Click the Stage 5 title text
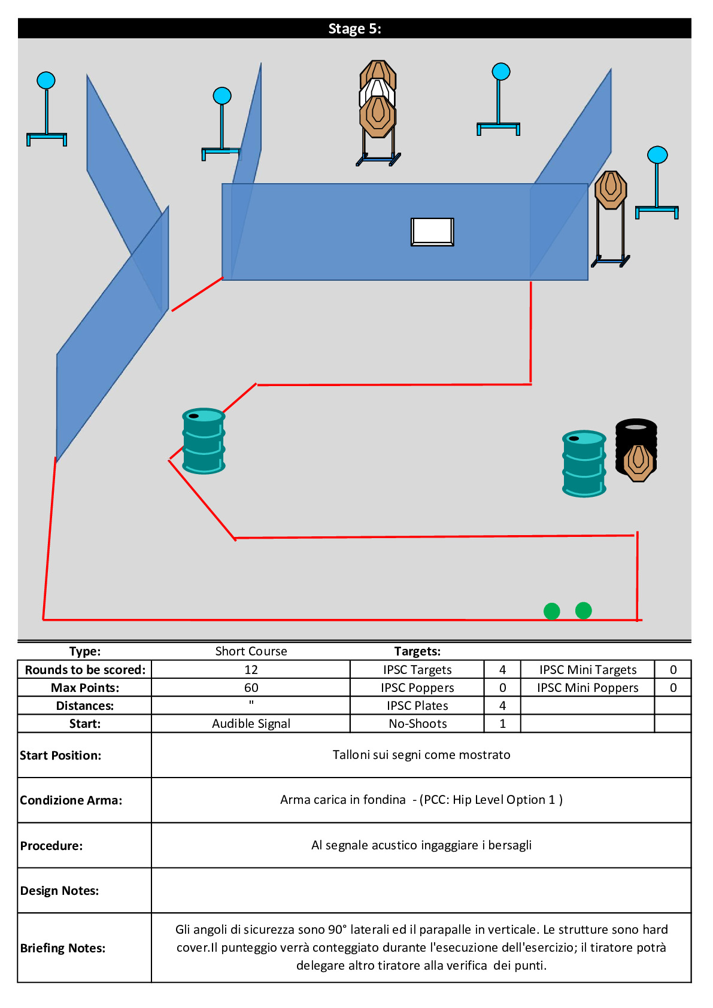(354, 29)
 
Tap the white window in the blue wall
(432, 232)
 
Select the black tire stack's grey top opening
(636, 427)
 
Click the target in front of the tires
(638, 462)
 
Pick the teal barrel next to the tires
(584, 463)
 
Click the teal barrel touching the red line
(204, 441)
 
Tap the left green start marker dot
(551, 611)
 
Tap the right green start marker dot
(583, 611)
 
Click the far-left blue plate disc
(46, 81)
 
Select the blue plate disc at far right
(657, 155)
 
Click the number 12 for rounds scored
(251, 670)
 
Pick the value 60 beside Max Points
(251, 688)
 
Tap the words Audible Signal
(251, 724)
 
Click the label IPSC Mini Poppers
(587, 688)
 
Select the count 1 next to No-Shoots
(502, 724)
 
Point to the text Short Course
(251, 651)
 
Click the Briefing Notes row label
(63, 948)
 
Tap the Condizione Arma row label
(71, 800)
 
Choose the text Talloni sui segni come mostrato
(421, 755)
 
